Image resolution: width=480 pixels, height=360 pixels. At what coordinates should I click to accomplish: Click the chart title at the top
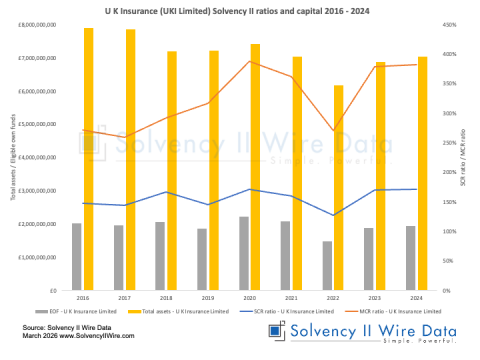(240, 8)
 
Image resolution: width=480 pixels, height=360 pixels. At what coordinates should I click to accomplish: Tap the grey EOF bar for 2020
(244, 253)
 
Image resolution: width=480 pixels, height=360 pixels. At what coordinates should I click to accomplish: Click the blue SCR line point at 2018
(166, 192)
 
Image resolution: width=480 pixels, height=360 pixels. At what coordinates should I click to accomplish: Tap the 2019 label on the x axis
(208, 297)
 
